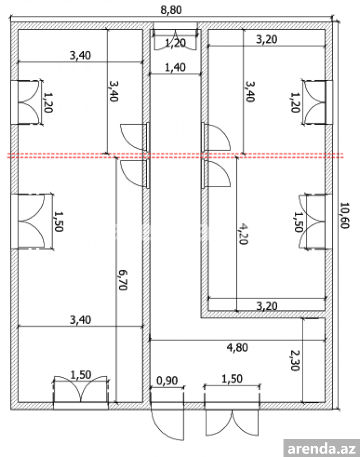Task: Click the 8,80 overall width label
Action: click(x=171, y=9)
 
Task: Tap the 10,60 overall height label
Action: click(x=345, y=215)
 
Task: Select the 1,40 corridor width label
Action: click(x=175, y=68)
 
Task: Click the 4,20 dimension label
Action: click(x=243, y=234)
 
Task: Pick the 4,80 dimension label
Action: click(x=237, y=348)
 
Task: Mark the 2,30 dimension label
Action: click(x=295, y=360)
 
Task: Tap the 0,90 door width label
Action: click(x=167, y=380)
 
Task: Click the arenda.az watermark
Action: click(x=322, y=448)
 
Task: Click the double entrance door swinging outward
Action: click(x=232, y=423)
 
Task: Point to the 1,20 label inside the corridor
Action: click(x=175, y=43)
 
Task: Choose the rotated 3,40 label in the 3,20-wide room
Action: click(x=250, y=91)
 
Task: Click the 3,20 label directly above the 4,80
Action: click(x=267, y=306)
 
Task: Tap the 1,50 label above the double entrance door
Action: click(x=232, y=379)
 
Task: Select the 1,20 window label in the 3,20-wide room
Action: click(x=295, y=102)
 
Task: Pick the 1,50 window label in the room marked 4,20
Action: click(x=298, y=222)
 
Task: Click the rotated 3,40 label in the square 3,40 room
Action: click(x=113, y=90)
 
